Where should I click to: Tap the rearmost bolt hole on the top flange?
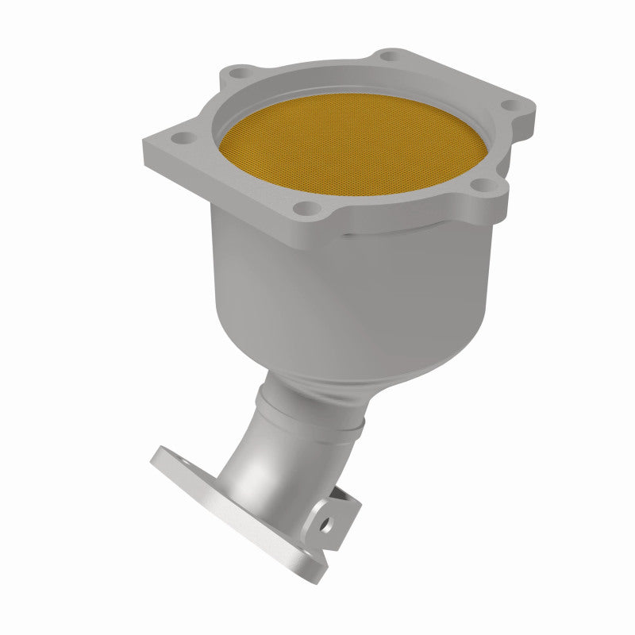coord(388,57)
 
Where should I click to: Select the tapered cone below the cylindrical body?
coord(317,357)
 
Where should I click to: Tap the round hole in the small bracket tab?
coord(324,522)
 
